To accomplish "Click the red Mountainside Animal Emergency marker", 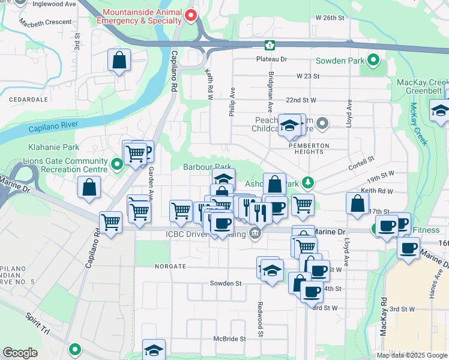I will (191, 16).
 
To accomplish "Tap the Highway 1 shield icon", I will (271, 45).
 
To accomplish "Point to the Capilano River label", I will (51, 128).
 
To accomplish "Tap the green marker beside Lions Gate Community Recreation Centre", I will (116, 162).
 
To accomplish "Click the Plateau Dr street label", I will (272, 59).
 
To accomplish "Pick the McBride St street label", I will (230, 338).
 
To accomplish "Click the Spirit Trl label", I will (38, 323).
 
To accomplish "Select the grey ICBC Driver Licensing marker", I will (255, 233).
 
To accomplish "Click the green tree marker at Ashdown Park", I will (307, 181).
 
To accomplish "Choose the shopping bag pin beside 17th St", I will (357, 203).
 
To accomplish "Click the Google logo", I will (20, 353).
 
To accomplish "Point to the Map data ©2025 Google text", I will (411, 355).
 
